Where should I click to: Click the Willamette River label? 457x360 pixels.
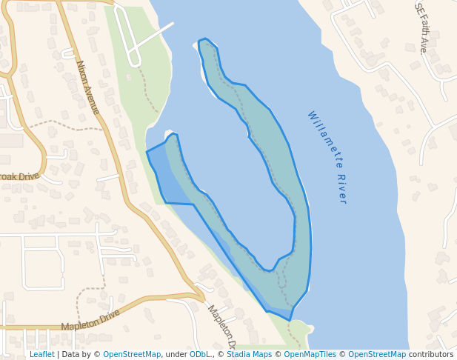pos(327,157)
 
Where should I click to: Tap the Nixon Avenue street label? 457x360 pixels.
pos(87,87)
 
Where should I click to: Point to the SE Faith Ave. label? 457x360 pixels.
pos(421,27)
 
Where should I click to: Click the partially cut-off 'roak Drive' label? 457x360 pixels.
pos(19,177)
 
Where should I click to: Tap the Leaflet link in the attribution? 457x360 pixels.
pos(41,355)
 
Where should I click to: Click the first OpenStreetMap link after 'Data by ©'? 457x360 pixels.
pos(132,355)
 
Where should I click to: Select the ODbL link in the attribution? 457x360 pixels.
pos(200,355)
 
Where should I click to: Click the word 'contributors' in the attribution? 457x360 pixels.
pos(431,355)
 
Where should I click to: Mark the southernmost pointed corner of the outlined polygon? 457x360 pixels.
pos(290,320)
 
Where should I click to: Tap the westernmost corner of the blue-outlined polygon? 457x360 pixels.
pos(147,152)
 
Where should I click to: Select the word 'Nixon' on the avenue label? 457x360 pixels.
pos(82,72)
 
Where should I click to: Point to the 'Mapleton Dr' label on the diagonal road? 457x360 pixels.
pos(221,327)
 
